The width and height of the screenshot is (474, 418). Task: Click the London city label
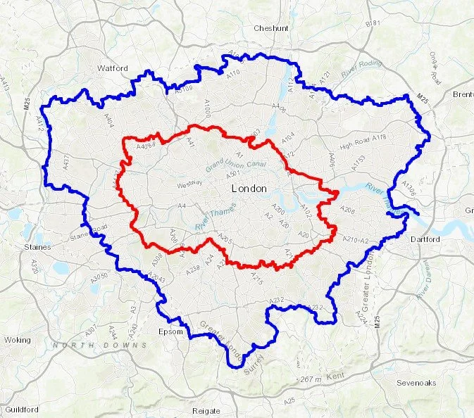point(249,189)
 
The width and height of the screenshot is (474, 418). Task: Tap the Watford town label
point(113,68)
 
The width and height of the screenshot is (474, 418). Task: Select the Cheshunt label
point(271,28)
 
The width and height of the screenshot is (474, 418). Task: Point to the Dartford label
point(425,239)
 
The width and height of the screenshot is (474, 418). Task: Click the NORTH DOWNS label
point(99,346)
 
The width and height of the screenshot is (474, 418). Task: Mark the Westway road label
point(189,185)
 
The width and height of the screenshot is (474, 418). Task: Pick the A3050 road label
point(101,277)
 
